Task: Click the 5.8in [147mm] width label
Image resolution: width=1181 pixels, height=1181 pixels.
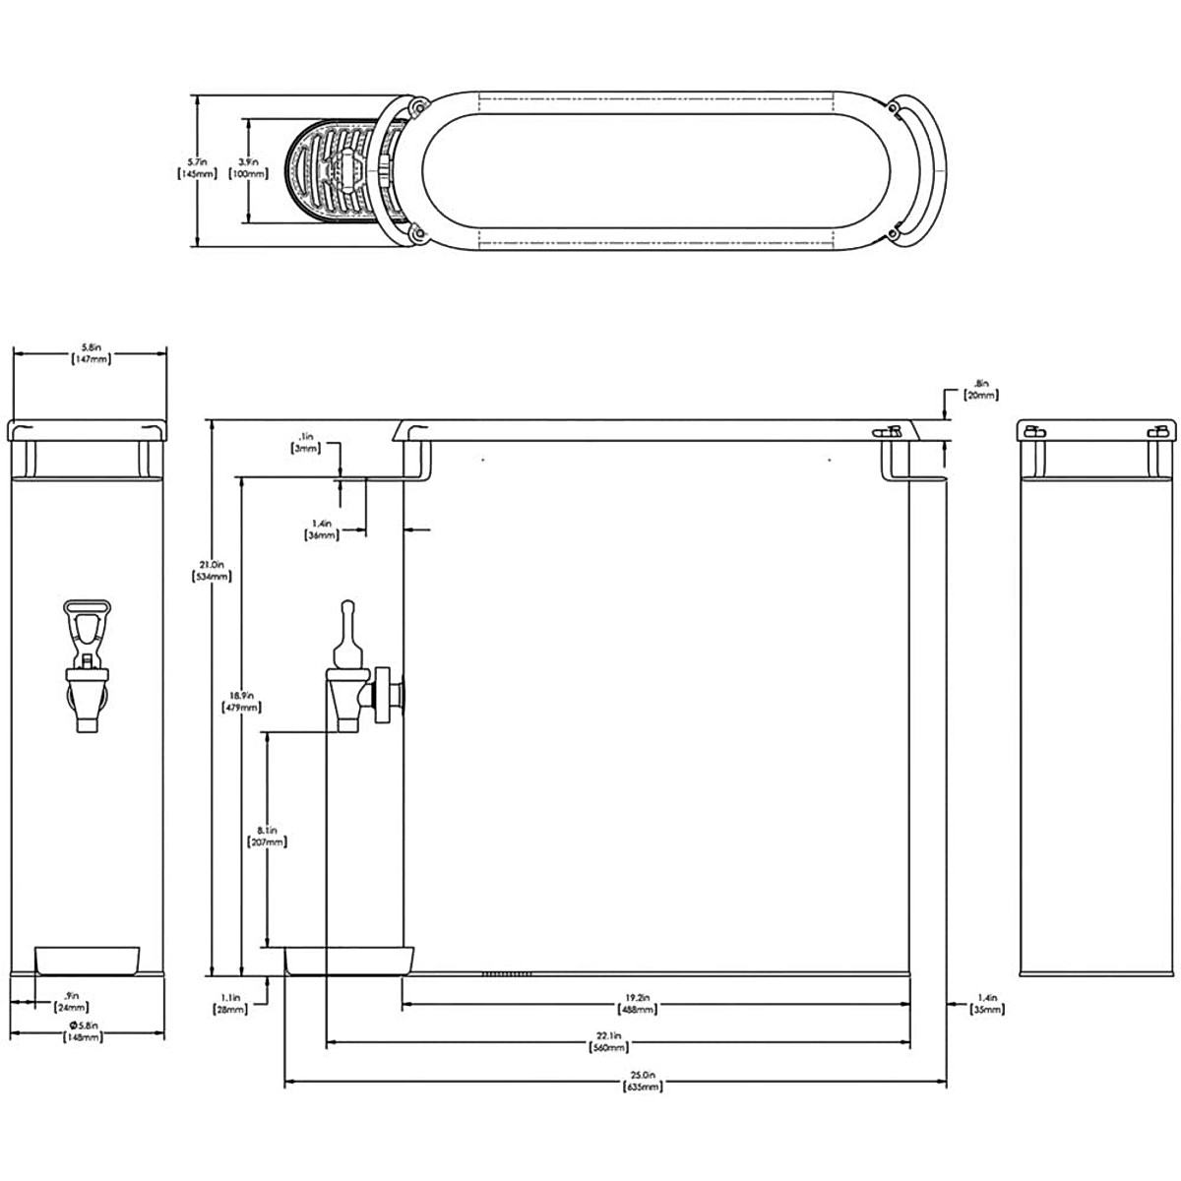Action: [x=91, y=353]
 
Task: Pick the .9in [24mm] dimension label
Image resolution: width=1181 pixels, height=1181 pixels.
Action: [x=71, y=1000]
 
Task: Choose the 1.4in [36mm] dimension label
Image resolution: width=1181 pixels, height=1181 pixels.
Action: [x=323, y=529]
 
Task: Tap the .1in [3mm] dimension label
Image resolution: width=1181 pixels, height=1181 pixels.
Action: [x=305, y=442]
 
